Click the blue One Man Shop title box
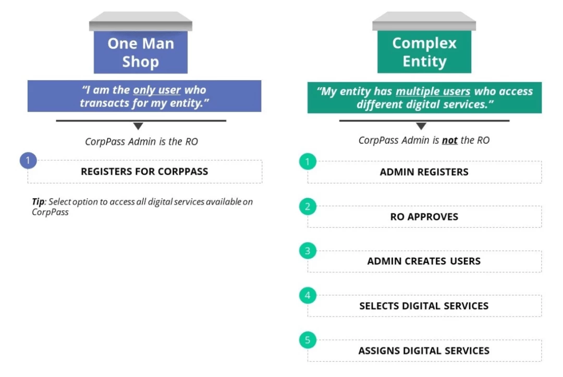tap(140, 52)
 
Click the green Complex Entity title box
tap(424, 52)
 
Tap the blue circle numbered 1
tap(28, 160)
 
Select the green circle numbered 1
tap(308, 162)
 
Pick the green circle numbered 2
tap(308, 206)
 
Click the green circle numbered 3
tap(308, 251)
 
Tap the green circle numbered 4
tap(308, 295)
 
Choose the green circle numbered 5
tap(308, 340)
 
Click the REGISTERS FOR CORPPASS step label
tap(144, 172)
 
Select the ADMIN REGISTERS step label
tap(424, 172)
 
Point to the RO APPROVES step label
tap(424, 217)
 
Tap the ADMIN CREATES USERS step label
tap(424, 261)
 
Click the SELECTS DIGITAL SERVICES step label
tap(424, 306)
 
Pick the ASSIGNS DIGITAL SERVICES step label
tap(424, 351)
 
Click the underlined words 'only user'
tap(157, 90)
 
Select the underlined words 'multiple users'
tap(433, 92)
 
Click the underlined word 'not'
tap(449, 140)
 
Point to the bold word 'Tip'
tap(38, 202)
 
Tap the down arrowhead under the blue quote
tap(138, 126)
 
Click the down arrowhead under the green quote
tap(421, 126)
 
